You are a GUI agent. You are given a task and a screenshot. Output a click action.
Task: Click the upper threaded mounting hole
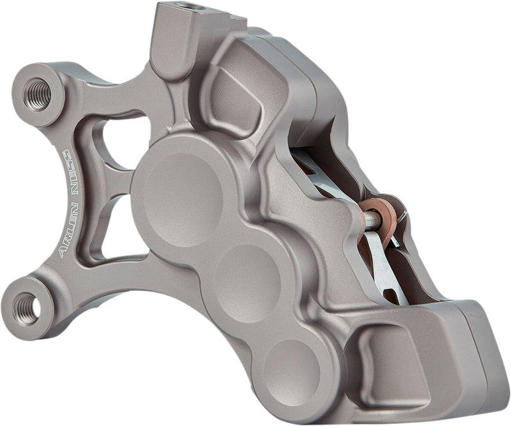[37, 93]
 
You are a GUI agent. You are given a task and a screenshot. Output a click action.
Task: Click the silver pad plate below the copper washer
[383, 268]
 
